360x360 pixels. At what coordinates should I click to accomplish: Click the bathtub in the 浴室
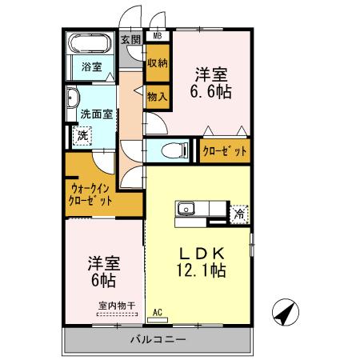pyautogui.click(x=91, y=45)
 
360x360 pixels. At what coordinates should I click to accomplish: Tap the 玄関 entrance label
pyautogui.click(x=130, y=38)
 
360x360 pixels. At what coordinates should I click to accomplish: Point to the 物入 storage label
pyautogui.click(x=157, y=97)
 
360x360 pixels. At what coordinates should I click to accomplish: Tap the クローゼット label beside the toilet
pyautogui.click(x=224, y=150)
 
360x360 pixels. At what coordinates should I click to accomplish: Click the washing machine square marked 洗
pyautogui.click(x=82, y=136)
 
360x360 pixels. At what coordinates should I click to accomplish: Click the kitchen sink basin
pyautogui.click(x=186, y=210)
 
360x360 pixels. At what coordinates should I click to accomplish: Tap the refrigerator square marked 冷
pyautogui.click(x=238, y=214)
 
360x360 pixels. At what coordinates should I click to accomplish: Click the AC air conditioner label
pyautogui.click(x=157, y=311)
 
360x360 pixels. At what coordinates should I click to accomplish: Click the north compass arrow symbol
pyautogui.click(x=282, y=312)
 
